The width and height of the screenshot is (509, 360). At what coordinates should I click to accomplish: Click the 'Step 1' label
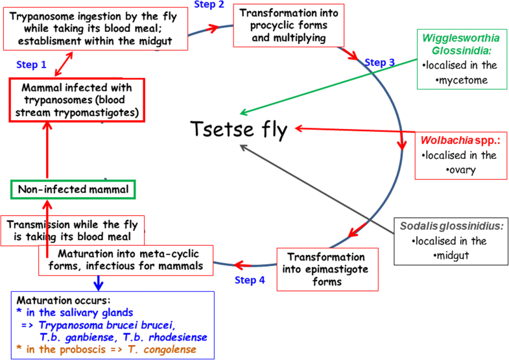point(30,65)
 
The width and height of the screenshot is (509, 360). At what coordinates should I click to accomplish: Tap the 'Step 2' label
point(209,5)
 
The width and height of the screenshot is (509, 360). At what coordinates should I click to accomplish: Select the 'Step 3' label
point(380,62)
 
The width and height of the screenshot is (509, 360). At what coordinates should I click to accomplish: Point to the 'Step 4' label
point(250,280)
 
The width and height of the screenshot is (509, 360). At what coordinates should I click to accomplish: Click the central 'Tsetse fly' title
point(239,130)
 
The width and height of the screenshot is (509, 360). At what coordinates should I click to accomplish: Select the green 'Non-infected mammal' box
point(73,190)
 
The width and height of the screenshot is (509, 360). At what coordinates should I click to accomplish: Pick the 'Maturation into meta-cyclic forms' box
point(130,259)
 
